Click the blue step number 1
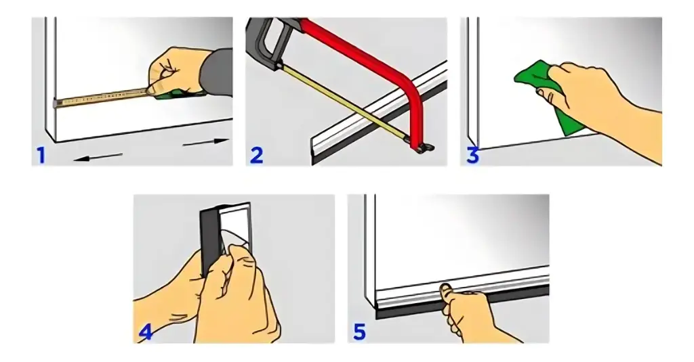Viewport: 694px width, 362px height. [41, 155]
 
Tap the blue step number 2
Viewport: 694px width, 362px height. [257, 155]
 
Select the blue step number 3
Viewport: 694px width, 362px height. [472, 156]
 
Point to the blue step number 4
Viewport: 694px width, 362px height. [146, 332]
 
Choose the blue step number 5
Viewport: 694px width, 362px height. [359, 332]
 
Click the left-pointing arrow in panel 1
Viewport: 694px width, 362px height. [98, 157]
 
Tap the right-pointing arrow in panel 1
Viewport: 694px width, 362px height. [206, 142]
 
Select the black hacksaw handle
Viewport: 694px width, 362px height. [266, 40]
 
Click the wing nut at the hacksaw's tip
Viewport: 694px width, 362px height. [425, 148]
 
